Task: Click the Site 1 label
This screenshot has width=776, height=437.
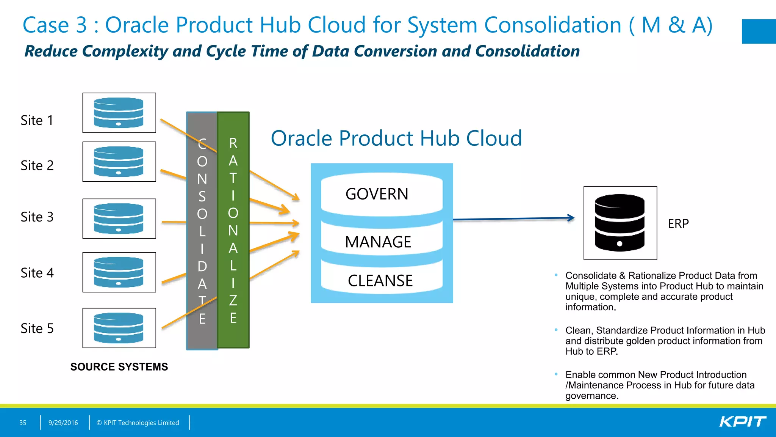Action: click(37, 120)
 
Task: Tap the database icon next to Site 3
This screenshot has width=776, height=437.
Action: click(119, 218)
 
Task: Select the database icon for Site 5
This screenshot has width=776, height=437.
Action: click(119, 328)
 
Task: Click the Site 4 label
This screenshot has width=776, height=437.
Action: click(37, 273)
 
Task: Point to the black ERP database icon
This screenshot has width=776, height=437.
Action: click(620, 223)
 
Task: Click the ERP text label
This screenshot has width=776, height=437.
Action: click(678, 223)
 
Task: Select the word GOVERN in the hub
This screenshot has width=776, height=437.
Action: click(377, 194)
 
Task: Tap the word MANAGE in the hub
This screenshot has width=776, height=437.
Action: click(378, 242)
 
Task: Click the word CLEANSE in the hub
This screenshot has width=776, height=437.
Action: click(380, 281)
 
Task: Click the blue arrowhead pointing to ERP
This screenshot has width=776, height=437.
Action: click(571, 218)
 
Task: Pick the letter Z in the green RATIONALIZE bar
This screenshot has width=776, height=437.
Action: click(233, 300)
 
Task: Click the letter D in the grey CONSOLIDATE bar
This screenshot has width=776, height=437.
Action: click(202, 266)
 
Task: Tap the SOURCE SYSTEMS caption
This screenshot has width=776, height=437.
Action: click(119, 367)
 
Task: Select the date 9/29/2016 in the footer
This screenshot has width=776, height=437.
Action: click(63, 423)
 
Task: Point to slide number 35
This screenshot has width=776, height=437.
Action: click(23, 423)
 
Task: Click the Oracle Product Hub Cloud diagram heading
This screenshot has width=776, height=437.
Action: click(396, 138)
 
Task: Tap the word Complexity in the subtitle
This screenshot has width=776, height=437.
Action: click(125, 51)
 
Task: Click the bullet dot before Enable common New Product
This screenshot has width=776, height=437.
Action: click(556, 374)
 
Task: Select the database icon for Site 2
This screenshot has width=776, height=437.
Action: click(119, 162)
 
